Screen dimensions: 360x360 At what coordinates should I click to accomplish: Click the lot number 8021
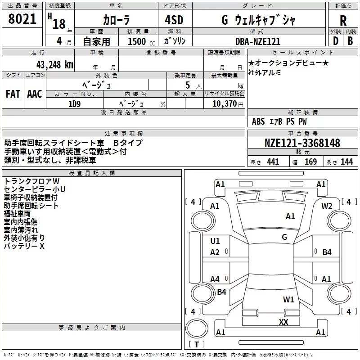point(22,19)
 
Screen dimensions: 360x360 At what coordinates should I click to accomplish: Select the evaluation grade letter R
point(343,21)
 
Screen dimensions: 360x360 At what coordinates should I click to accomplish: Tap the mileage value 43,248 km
point(54,65)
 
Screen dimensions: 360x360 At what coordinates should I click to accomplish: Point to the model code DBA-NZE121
point(258,41)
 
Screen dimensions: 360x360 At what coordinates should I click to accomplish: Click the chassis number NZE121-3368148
point(302,143)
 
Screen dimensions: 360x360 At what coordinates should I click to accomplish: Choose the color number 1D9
point(74,104)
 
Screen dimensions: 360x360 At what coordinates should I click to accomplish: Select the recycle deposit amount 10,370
point(224,104)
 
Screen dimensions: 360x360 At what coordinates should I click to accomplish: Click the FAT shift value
point(13,94)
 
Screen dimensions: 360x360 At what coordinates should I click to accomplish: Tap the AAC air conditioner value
point(35,94)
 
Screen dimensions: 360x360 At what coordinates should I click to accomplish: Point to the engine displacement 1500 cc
point(141,41)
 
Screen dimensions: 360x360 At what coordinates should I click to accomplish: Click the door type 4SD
point(174,20)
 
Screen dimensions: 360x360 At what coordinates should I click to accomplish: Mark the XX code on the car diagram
point(283,322)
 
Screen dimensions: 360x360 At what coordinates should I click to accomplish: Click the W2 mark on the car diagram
point(327,206)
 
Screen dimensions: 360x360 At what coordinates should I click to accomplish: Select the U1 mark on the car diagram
point(215,241)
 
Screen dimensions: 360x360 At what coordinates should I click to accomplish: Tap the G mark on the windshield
point(284,237)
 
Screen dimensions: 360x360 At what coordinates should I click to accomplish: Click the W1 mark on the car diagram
point(288,299)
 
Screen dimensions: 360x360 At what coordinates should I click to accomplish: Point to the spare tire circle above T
point(197,328)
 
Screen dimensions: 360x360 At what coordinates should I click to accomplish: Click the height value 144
point(346,162)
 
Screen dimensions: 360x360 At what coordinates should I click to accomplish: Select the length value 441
point(273,162)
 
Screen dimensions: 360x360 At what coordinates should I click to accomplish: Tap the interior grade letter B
point(350,41)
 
